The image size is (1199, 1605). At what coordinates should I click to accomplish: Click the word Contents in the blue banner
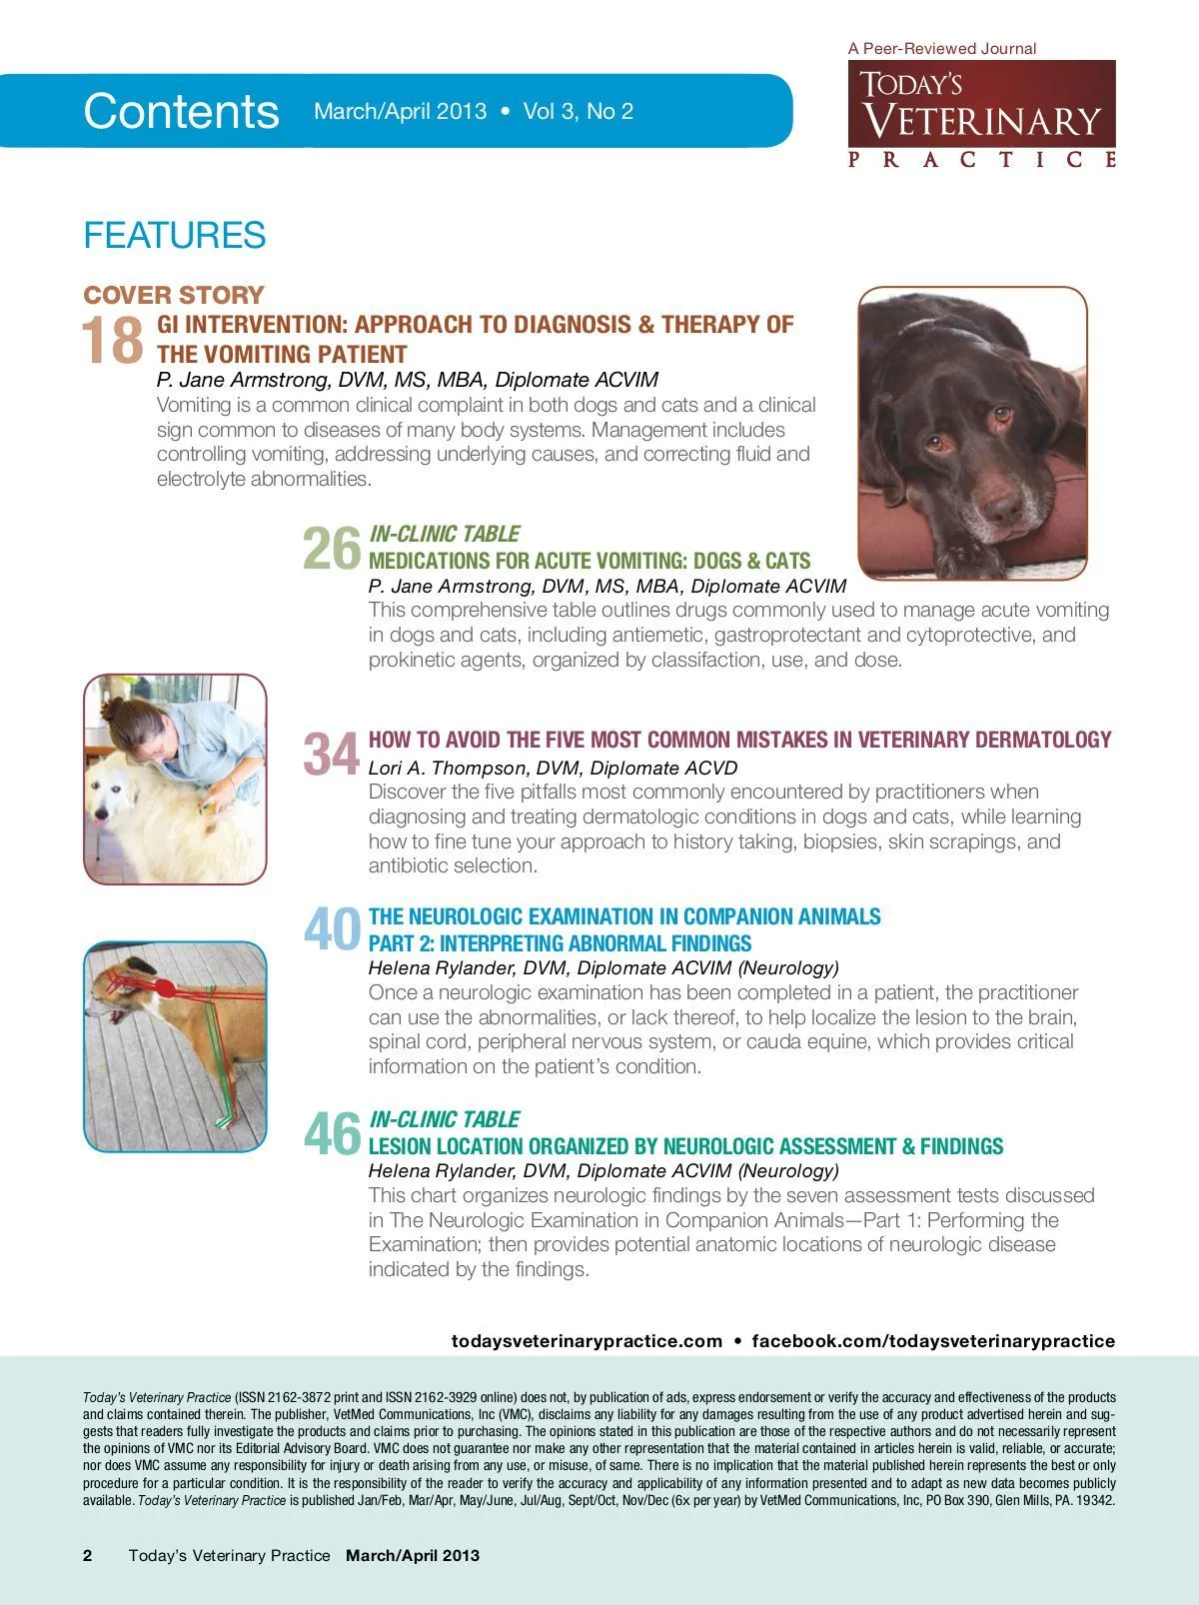click(x=181, y=111)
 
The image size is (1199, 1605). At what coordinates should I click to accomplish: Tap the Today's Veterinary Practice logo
click(x=981, y=115)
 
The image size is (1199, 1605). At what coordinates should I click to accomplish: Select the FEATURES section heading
click(x=174, y=236)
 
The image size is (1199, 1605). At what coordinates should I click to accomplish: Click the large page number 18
click(x=112, y=341)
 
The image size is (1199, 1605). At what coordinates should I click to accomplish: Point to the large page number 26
click(x=331, y=549)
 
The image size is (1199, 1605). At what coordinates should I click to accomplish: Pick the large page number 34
click(x=331, y=754)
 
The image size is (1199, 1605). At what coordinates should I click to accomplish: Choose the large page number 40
click(x=332, y=929)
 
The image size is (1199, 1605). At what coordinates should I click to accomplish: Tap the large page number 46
click(x=332, y=1133)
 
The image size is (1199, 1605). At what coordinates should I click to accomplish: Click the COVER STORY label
click(x=174, y=295)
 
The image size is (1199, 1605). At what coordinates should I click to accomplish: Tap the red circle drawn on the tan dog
click(x=165, y=988)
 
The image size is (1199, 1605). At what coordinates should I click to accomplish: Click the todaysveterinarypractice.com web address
click(x=587, y=1341)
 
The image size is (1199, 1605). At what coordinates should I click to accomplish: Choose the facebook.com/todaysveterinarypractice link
click(x=933, y=1341)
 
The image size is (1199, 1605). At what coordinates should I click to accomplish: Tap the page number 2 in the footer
click(x=88, y=1555)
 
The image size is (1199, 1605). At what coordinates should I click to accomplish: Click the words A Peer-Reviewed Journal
click(x=941, y=48)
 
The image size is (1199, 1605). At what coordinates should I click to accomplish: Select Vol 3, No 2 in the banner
click(x=579, y=111)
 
